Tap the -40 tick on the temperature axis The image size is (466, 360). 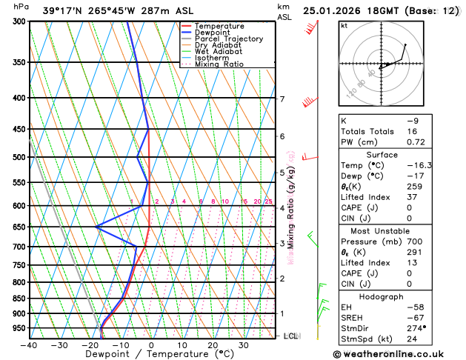30,345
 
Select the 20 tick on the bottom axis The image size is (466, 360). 213,345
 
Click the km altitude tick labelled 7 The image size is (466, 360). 282,99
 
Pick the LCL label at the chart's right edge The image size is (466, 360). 290,336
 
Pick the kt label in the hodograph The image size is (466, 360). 344,25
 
